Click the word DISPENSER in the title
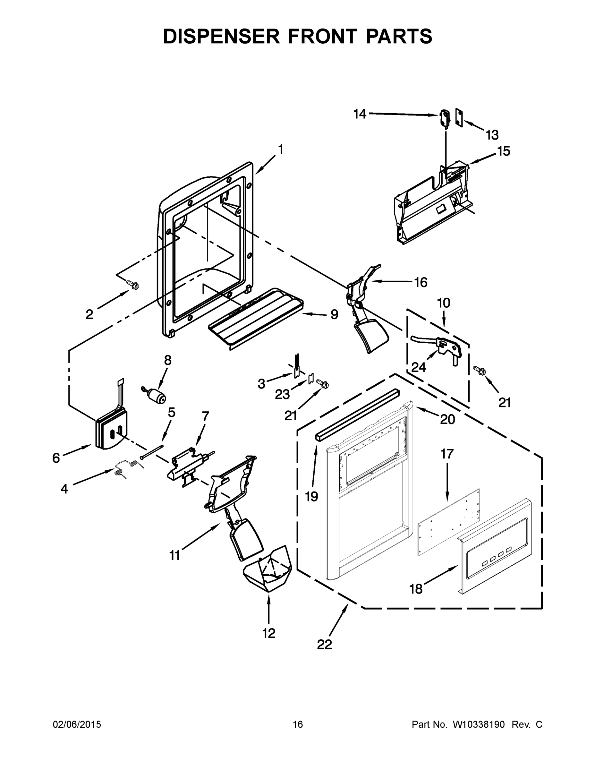(221, 36)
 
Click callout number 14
(360, 114)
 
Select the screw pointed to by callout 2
(133, 284)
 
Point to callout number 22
(324, 644)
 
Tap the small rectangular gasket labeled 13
(459, 116)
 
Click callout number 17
(446, 454)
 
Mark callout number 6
(56, 458)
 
